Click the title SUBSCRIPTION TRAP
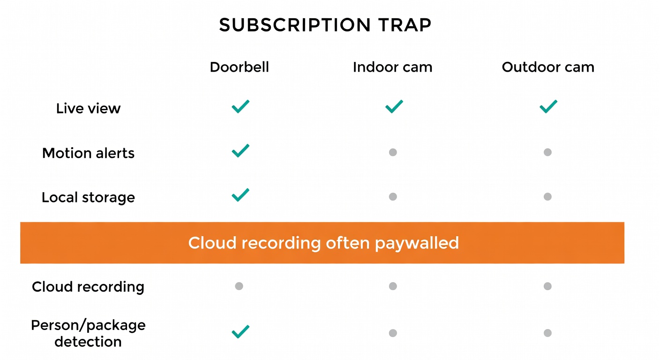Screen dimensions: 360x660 [325, 25]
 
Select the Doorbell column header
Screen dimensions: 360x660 [239, 67]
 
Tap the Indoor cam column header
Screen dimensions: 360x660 [392, 67]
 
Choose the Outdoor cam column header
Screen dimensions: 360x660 [548, 67]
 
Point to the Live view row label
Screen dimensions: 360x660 [88, 108]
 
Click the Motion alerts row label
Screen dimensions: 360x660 [88, 153]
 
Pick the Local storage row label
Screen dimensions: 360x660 [88, 197]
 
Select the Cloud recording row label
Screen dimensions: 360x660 [88, 286]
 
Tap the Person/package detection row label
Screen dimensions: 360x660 [88, 333]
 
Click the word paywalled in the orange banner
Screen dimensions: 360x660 [417, 243]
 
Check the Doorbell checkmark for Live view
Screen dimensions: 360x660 [240, 107]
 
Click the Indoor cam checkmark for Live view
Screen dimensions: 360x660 [394, 107]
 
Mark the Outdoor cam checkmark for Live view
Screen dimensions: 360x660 [548, 107]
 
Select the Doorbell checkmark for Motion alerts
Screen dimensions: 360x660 [240, 150]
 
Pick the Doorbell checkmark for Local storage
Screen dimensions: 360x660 [240, 195]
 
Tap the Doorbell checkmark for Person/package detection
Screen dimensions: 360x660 [240, 332]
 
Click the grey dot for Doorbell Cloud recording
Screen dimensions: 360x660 [239, 286]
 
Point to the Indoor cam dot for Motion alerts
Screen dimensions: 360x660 [393, 152]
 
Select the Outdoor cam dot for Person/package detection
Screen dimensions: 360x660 [547, 333]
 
